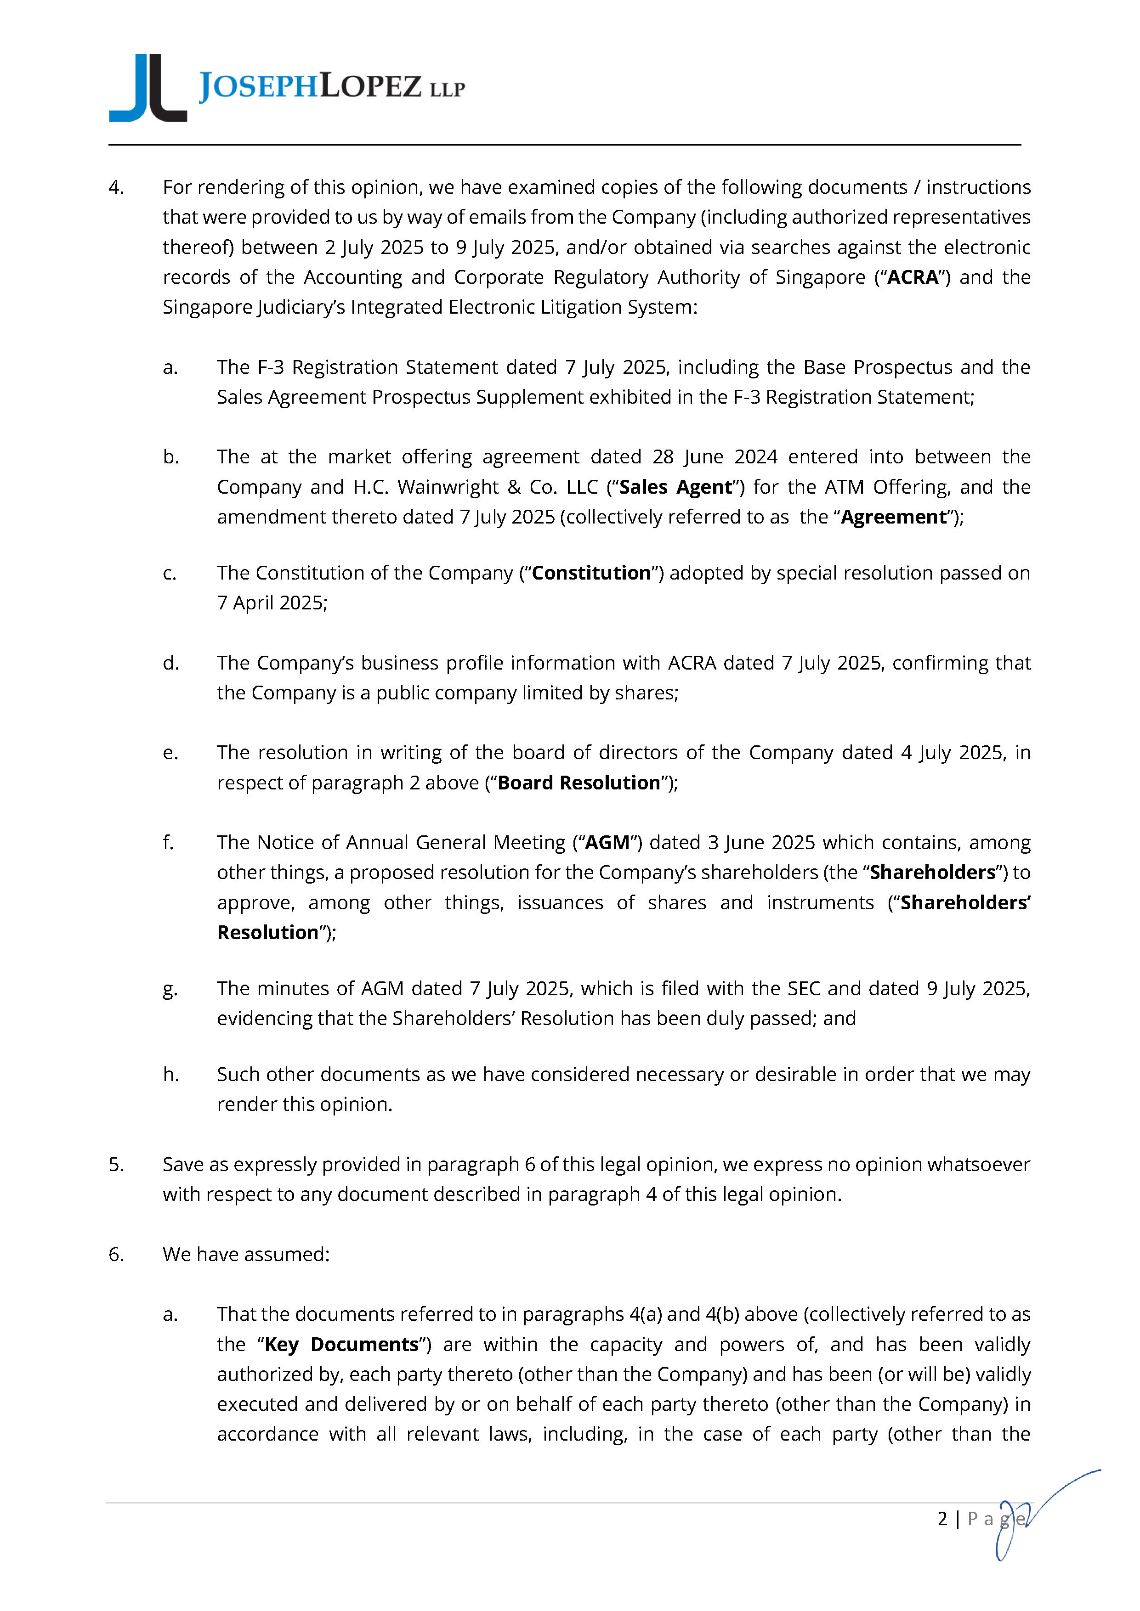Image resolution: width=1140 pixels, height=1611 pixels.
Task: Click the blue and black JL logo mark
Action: click(148, 89)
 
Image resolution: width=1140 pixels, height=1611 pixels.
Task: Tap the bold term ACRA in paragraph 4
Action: click(913, 277)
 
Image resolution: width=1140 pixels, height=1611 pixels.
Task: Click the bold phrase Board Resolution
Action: click(579, 783)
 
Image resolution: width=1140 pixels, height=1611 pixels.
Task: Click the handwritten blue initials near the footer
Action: click(1032, 1515)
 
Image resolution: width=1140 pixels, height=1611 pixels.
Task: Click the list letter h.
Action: click(170, 1074)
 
